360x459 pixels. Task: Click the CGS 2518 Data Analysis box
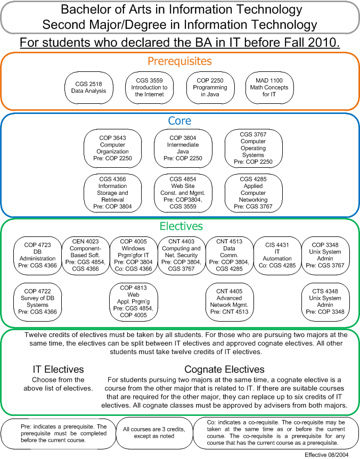tap(89, 87)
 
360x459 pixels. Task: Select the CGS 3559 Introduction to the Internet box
tap(149, 87)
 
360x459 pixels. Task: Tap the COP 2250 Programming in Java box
tap(210, 87)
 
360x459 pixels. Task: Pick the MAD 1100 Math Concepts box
tap(269, 87)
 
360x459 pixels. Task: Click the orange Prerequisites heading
tap(179, 61)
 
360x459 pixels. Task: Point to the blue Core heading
tap(179, 121)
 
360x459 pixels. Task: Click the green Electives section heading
tap(181, 226)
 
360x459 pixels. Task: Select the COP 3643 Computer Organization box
tap(113, 148)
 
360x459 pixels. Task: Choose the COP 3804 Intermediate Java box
tap(183, 148)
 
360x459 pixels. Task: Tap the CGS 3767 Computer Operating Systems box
tap(253, 148)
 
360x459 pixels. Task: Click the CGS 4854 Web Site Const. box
tap(183, 193)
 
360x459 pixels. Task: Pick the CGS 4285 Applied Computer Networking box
tap(253, 193)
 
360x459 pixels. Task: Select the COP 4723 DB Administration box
tap(37, 255)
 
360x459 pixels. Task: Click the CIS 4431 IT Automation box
tap(277, 255)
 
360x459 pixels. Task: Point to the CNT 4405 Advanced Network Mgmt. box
tap(229, 301)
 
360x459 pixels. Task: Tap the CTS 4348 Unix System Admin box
tap(325, 301)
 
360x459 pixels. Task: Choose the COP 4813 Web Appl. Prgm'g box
tap(134, 301)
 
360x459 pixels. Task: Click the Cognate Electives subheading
tap(225, 370)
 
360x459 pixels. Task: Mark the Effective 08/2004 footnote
tap(326, 455)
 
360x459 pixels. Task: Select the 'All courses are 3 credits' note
tap(154, 433)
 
